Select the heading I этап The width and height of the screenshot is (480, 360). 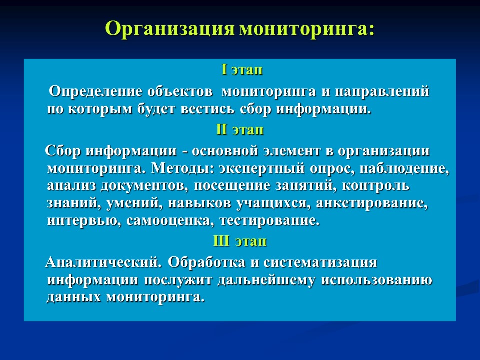coord(242,70)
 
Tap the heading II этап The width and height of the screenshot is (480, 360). coord(240,130)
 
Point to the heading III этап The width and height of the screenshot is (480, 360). coord(240,241)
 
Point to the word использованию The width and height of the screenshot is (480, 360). coord(376,280)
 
